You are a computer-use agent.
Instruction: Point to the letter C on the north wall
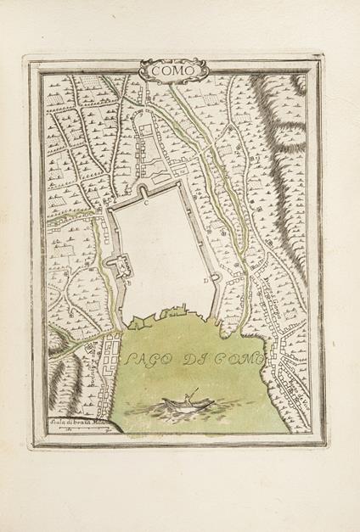(145, 203)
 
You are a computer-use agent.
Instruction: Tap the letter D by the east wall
(205, 279)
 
